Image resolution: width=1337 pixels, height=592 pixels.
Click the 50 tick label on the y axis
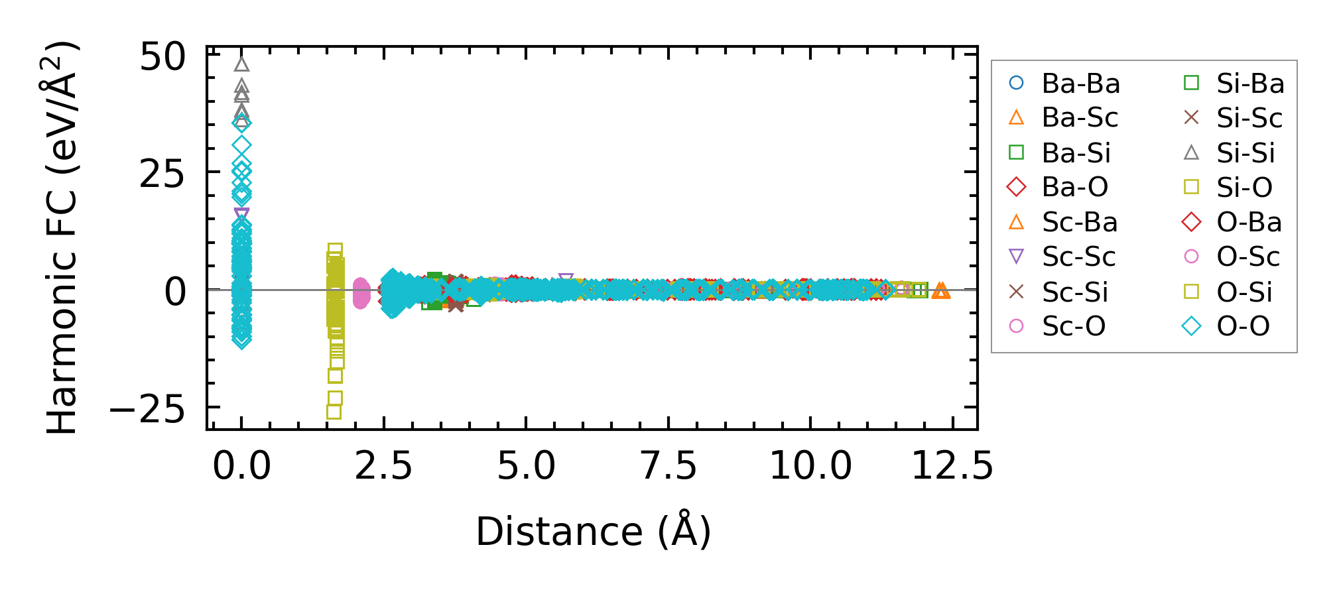(162, 58)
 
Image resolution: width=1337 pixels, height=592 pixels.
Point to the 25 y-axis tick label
(162, 175)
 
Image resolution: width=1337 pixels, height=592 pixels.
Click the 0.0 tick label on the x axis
(241, 466)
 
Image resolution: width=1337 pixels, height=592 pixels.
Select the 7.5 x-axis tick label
(668, 466)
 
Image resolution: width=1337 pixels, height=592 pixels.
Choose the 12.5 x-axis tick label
(952, 466)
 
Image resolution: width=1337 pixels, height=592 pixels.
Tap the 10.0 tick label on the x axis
(810, 466)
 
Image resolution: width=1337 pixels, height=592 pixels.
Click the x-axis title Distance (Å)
(593, 532)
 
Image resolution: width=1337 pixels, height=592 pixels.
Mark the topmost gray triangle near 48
(241, 64)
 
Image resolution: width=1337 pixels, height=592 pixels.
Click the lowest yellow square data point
(334, 412)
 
